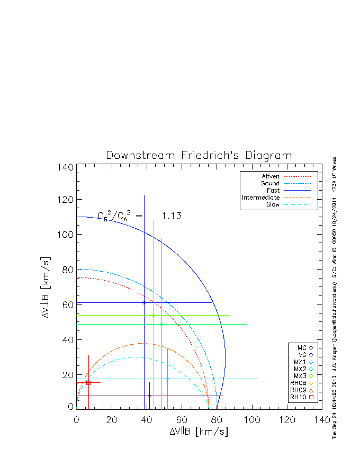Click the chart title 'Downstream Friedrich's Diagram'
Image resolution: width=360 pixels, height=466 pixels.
pyautogui.click(x=199, y=156)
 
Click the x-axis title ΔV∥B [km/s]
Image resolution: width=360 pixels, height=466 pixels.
pyautogui.click(x=199, y=432)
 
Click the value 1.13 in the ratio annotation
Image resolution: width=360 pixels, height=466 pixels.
pyautogui.click(x=172, y=216)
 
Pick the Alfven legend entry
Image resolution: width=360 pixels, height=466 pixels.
pyautogui.click(x=271, y=176)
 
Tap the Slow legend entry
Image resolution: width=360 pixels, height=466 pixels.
pyautogui.click(x=273, y=204)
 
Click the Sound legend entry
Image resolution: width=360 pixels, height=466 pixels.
pyautogui.click(x=271, y=183)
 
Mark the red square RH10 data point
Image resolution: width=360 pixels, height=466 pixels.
pyautogui.click(x=88, y=383)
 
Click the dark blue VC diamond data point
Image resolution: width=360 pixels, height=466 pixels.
pyautogui.click(x=144, y=302)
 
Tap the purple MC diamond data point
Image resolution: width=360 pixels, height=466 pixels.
pyautogui.click(x=149, y=396)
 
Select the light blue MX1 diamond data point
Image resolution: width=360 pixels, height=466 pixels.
pyautogui.click(x=167, y=379)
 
